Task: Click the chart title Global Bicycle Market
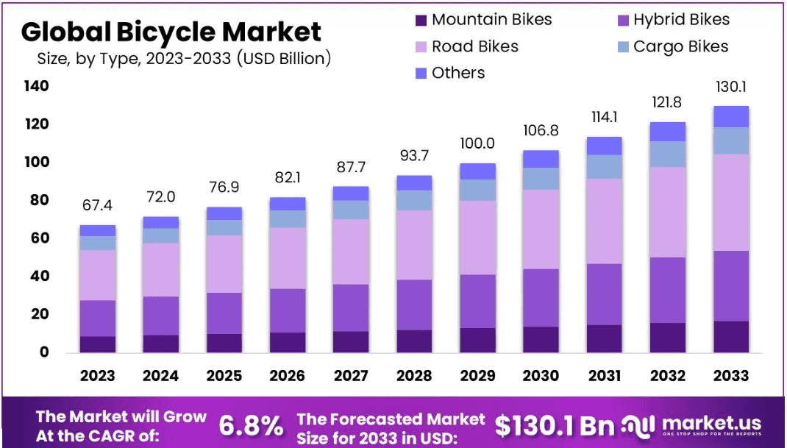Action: (171, 32)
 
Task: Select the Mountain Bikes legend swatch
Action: (421, 20)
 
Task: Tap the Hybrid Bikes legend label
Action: (681, 20)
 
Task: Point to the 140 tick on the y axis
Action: (35, 86)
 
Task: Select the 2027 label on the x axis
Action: (351, 376)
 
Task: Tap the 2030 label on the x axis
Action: (541, 376)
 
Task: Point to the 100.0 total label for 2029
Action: (477, 143)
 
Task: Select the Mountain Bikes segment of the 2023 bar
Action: (98, 344)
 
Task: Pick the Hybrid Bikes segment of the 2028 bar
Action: (414, 305)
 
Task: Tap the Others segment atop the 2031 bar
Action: (604, 146)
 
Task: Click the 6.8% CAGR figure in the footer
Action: (251, 425)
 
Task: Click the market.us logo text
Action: (711, 423)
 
